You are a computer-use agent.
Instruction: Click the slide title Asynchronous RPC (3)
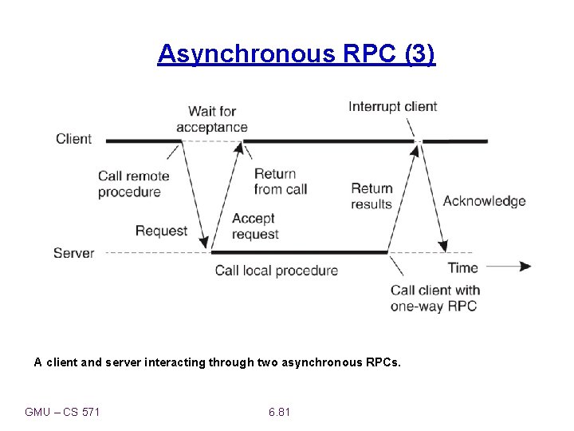(297, 54)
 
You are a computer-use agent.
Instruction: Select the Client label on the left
(73, 139)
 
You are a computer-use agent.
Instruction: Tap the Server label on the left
(73, 253)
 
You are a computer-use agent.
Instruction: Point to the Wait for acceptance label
(212, 119)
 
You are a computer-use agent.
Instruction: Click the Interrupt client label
(392, 107)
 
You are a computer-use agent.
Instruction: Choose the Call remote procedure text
(133, 184)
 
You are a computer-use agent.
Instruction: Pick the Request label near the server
(161, 231)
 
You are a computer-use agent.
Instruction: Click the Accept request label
(254, 226)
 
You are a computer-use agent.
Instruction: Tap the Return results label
(372, 196)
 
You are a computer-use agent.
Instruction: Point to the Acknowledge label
(484, 201)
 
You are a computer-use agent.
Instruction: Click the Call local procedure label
(276, 271)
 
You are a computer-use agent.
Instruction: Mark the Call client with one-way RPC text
(434, 298)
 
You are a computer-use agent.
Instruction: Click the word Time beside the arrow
(462, 267)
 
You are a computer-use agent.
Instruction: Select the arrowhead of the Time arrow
(525, 267)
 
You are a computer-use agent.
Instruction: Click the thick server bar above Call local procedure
(299, 252)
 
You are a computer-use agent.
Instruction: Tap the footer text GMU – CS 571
(62, 412)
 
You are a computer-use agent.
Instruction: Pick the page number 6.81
(279, 412)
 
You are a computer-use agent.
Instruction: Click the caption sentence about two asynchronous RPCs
(218, 362)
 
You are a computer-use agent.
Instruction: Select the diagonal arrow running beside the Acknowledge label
(433, 196)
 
